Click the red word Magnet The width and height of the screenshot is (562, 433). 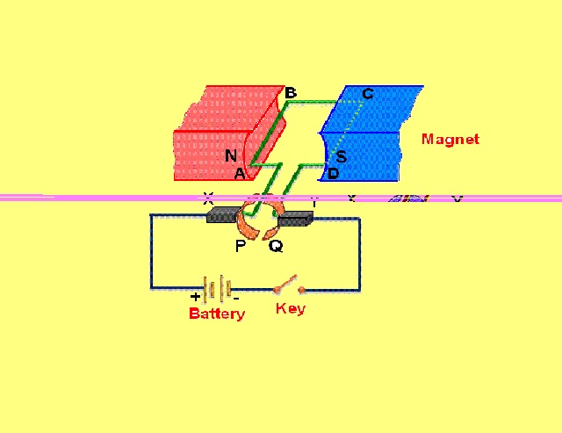tap(450, 139)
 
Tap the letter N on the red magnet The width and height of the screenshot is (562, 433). tap(231, 156)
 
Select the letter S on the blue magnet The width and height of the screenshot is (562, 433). tap(342, 156)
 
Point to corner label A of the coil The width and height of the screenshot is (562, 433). tap(239, 174)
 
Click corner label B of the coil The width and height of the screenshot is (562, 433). tap(291, 93)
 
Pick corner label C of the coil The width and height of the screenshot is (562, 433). tap(367, 94)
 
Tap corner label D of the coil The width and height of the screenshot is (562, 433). tap(334, 174)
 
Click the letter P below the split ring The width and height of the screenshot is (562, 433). tap(241, 246)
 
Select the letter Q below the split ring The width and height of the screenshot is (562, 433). tap(276, 247)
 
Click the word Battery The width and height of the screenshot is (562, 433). tap(217, 314)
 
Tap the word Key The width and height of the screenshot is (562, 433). tap(291, 308)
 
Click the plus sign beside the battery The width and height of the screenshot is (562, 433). tap(195, 298)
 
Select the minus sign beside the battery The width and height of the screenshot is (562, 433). tap(236, 298)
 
